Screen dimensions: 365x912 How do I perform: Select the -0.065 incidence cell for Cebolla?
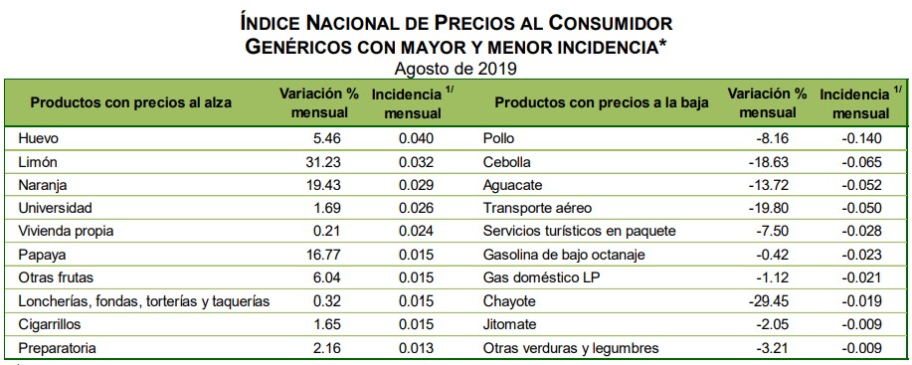click(858, 161)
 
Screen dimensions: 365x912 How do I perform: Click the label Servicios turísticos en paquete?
click(579, 231)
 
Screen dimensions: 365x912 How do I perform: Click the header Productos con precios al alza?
click(122, 103)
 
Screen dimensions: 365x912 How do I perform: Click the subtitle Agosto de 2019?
click(456, 69)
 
